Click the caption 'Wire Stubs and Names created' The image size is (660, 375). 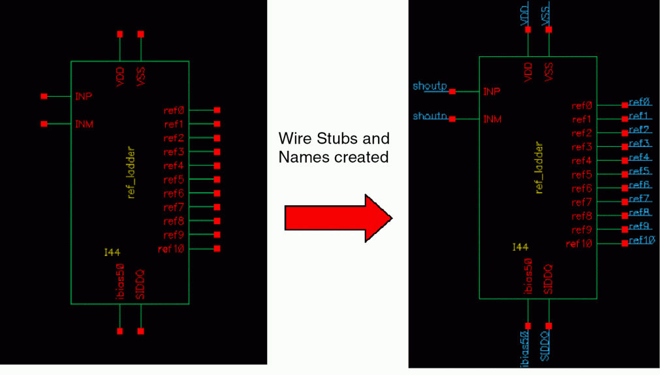(334, 148)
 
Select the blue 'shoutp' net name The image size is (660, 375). (430, 86)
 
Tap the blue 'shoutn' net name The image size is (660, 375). (430, 116)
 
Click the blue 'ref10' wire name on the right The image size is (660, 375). (642, 240)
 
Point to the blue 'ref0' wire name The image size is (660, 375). (639, 103)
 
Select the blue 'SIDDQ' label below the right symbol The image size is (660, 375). (546, 346)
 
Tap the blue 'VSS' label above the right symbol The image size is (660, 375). (546, 14)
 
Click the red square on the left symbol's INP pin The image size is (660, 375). (44, 96)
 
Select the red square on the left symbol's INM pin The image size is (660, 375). (44, 123)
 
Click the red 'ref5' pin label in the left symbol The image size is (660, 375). (174, 180)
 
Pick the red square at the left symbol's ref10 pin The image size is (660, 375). (217, 248)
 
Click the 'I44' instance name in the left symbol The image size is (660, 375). (112, 252)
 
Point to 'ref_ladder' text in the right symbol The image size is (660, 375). (539, 168)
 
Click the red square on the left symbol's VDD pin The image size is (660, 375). (120, 34)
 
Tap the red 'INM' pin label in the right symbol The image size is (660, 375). (492, 119)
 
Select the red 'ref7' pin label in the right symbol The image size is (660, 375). (581, 203)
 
